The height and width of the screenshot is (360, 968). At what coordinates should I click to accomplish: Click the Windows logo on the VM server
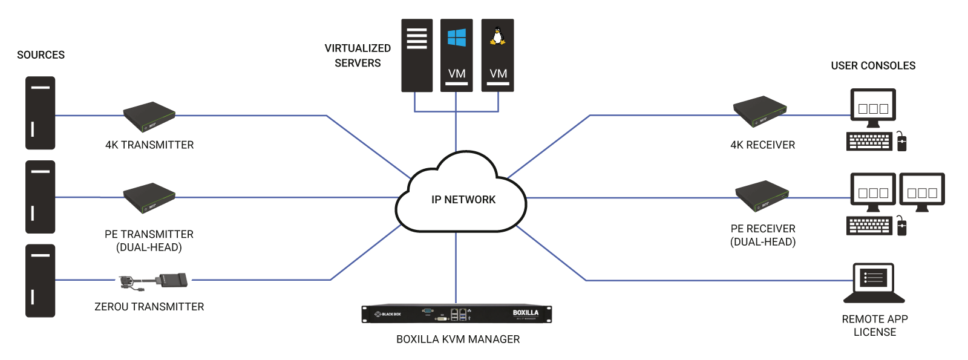pyautogui.click(x=457, y=38)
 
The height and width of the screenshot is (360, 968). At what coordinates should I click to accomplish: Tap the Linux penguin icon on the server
pyautogui.click(x=497, y=36)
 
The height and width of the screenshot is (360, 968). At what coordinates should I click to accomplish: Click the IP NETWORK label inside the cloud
pyautogui.click(x=463, y=200)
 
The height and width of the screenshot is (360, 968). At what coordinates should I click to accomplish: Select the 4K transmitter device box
pyautogui.click(x=149, y=116)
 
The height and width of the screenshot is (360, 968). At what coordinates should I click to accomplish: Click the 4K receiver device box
pyautogui.click(x=760, y=111)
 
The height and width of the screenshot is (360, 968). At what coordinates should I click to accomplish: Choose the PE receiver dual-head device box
pyautogui.click(x=762, y=195)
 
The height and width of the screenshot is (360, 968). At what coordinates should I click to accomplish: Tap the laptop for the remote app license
pyautogui.click(x=874, y=283)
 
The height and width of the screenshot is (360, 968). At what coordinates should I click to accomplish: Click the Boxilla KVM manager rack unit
pyautogui.click(x=457, y=314)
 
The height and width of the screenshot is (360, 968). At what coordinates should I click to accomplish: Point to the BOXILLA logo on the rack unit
pyautogui.click(x=525, y=313)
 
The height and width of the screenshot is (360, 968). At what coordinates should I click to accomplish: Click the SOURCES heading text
pyautogui.click(x=41, y=55)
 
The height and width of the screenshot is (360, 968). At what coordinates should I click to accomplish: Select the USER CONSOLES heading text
pyautogui.click(x=872, y=66)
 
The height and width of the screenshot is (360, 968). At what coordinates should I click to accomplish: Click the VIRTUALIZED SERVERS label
pyautogui.click(x=358, y=55)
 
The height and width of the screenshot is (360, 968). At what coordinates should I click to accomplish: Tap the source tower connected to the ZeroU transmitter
pyautogui.click(x=40, y=281)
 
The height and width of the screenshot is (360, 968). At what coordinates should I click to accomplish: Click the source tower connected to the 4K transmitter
pyautogui.click(x=40, y=113)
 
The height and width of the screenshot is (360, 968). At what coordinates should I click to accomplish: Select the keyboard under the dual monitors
pyautogui.click(x=869, y=226)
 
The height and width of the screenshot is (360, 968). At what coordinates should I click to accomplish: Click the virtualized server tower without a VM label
pyautogui.click(x=417, y=55)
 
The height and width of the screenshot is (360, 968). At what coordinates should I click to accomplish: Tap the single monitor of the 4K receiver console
pyautogui.click(x=873, y=107)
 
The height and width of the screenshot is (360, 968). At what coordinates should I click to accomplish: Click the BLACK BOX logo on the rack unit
pyautogui.click(x=388, y=314)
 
